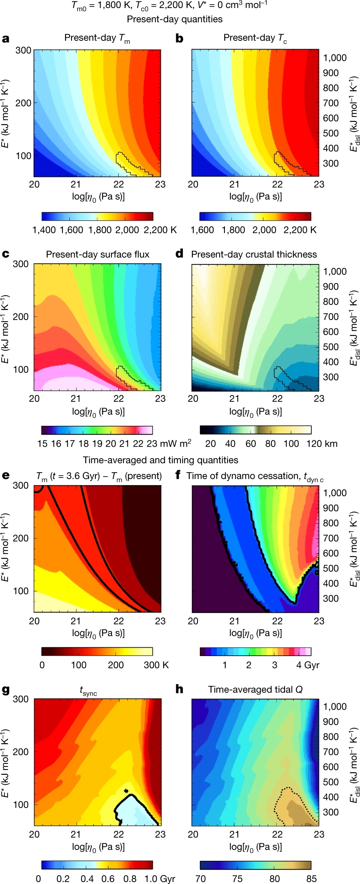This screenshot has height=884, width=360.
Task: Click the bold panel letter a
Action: [x=6, y=39]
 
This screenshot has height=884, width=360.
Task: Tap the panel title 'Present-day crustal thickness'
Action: [x=254, y=254]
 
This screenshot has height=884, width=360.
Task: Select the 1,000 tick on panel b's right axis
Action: [x=335, y=58]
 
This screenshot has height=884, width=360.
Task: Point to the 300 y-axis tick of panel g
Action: [x=21, y=699]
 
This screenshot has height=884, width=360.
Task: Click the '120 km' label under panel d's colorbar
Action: [x=322, y=443]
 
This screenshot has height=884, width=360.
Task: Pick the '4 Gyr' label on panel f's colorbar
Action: [x=307, y=665]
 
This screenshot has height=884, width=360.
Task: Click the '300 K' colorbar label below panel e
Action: [x=156, y=665]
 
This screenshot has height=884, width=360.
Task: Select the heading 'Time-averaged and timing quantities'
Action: [x=161, y=460]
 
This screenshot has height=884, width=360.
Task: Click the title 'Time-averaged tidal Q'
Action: [x=255, y=690]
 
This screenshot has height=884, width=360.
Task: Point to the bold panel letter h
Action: [x=179, y=689]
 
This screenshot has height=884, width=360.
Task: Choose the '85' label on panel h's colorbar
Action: [x=311, y=879]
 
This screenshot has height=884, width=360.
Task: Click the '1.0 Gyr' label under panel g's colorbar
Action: [x=159, y=879]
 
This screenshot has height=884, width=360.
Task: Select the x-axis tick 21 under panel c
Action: [x=76, y=398]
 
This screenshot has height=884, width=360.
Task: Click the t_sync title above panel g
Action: [x=88, y=691]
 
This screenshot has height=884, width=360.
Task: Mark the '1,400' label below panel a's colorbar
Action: [x=44, y=230]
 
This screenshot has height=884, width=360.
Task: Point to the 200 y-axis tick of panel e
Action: [x=21, y=538]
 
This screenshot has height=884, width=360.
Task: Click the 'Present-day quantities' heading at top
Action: [x=175, y=19]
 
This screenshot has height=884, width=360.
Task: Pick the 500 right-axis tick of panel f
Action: [x=331, y=568]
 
